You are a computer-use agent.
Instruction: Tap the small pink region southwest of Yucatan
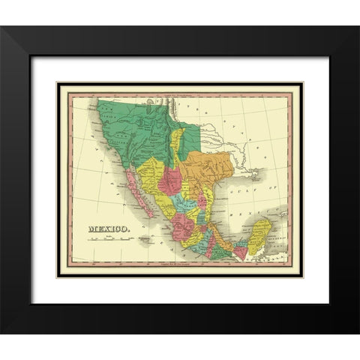(241, 253)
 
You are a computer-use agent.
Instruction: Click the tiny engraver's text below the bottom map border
(180, 264)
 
